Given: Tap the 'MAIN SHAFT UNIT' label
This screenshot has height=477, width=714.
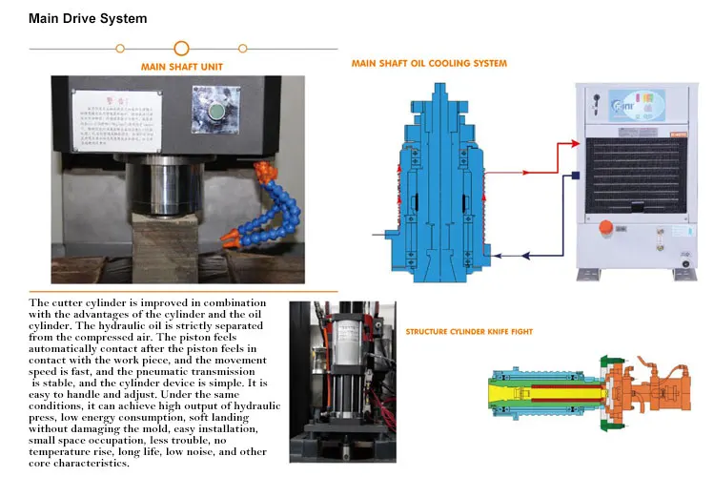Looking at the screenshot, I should [181, 68].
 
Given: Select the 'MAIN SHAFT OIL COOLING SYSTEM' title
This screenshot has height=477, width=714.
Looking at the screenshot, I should [429, 64].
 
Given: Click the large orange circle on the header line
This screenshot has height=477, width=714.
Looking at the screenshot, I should [181, 48].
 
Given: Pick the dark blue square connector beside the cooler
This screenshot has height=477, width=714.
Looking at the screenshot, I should [576, 175].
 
